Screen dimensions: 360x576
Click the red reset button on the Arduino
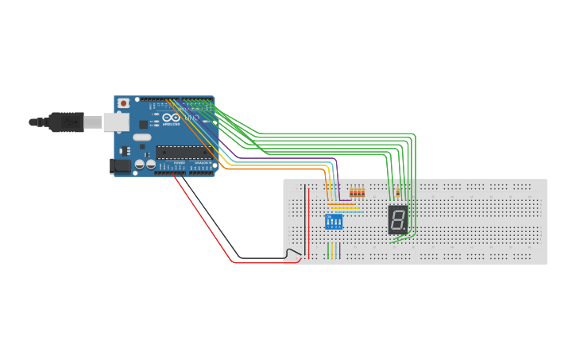click(123, 103)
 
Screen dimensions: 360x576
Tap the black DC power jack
click(119, 165)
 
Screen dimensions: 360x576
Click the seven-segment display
click(398, 219)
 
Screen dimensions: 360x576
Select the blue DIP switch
click(334, 221)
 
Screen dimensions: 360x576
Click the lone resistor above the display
click(396, 192)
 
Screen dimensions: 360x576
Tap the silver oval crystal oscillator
click(142, 137)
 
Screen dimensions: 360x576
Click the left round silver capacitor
click(140, 165)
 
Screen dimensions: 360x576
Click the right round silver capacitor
click(150, 165)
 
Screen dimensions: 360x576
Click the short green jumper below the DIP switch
click(327, 250)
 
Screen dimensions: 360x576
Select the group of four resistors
click(358, 192)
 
